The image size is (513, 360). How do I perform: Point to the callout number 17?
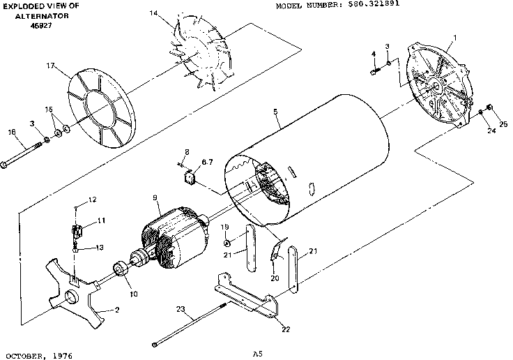click(50, 66)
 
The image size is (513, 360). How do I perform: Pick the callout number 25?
click(503, 124)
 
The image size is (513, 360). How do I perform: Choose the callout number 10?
click(133, 294)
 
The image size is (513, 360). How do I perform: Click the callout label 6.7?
click(206, 162)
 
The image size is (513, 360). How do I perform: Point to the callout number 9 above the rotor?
click(155, 197)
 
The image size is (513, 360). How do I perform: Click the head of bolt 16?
click(6, 165)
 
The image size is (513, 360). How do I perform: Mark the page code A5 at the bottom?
click(257, 354)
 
